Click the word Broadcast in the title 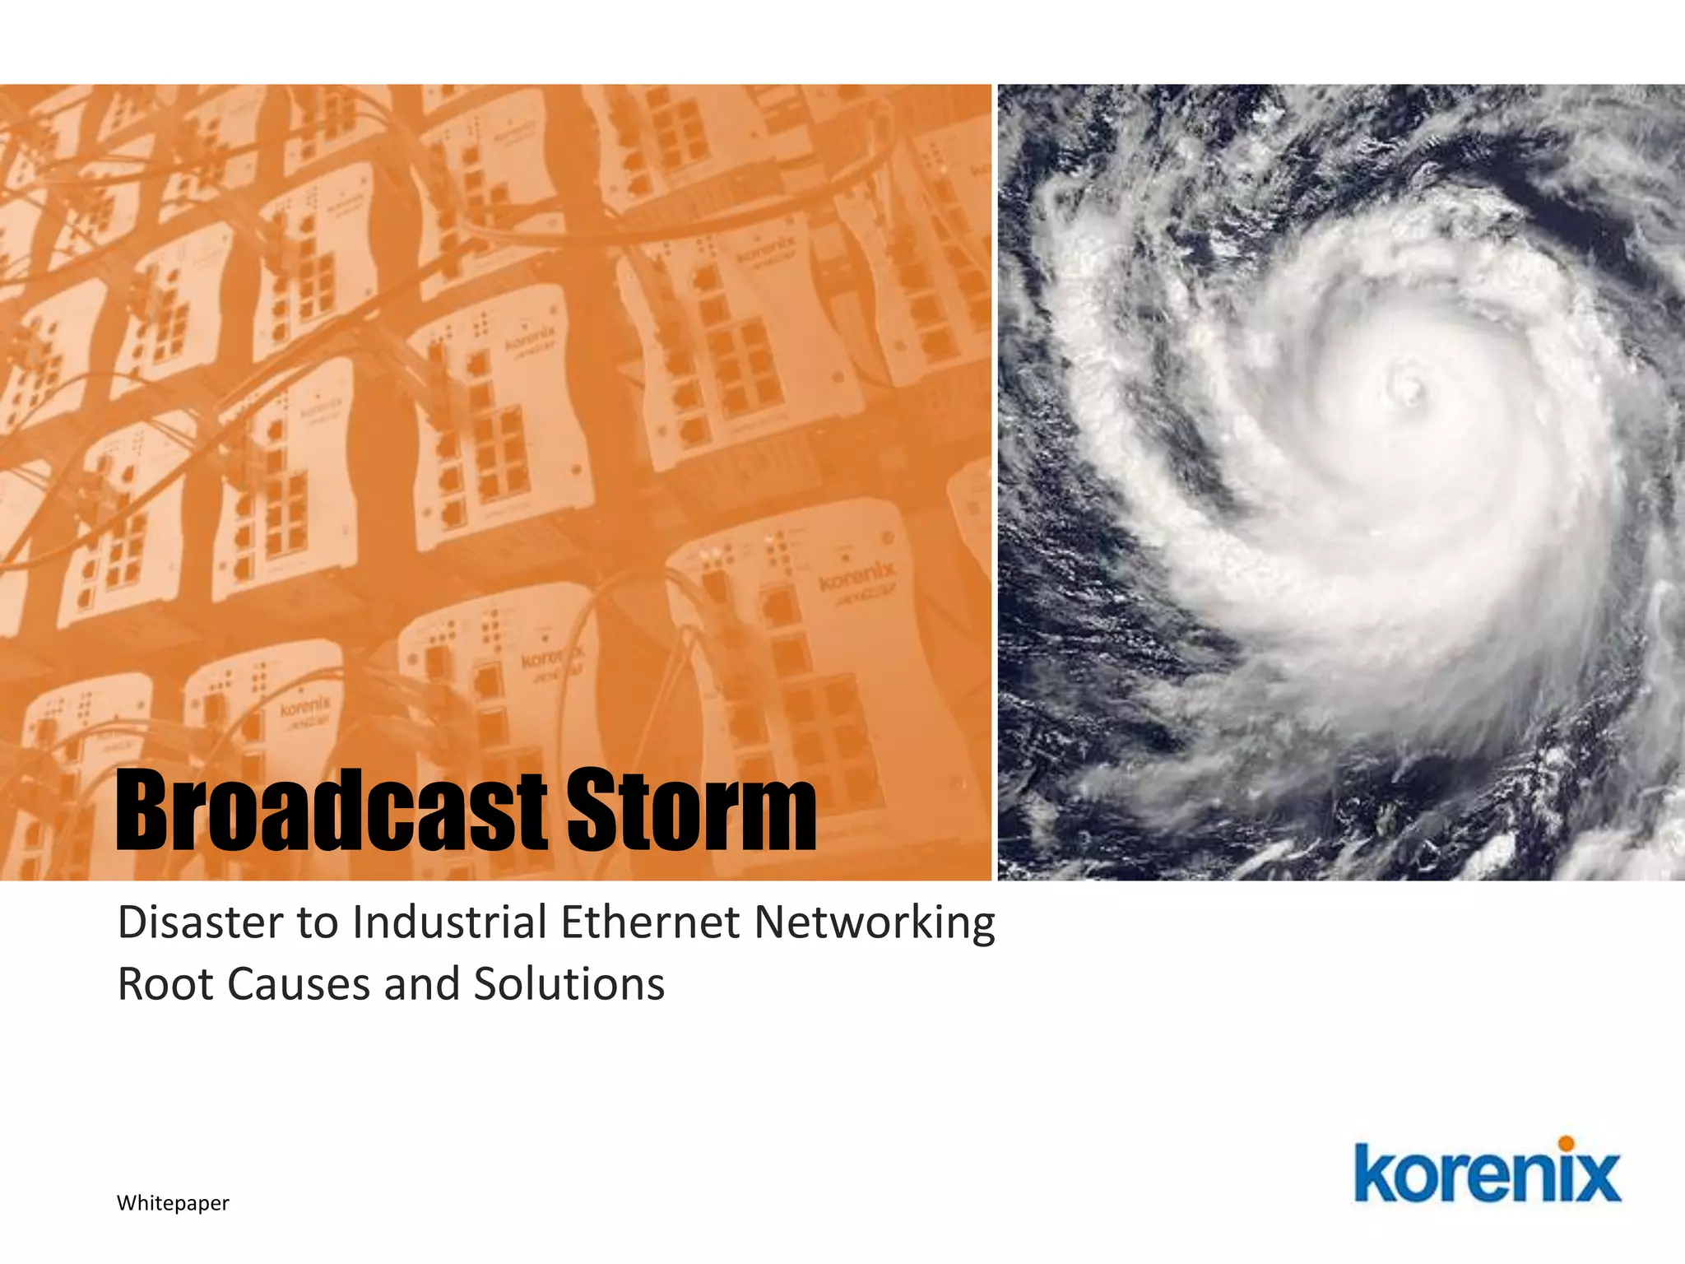331,810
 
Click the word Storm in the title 691,810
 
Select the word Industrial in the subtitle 449,922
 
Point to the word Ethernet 650,922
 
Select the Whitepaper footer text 173,1203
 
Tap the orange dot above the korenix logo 1566,1144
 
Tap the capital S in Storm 592,810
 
